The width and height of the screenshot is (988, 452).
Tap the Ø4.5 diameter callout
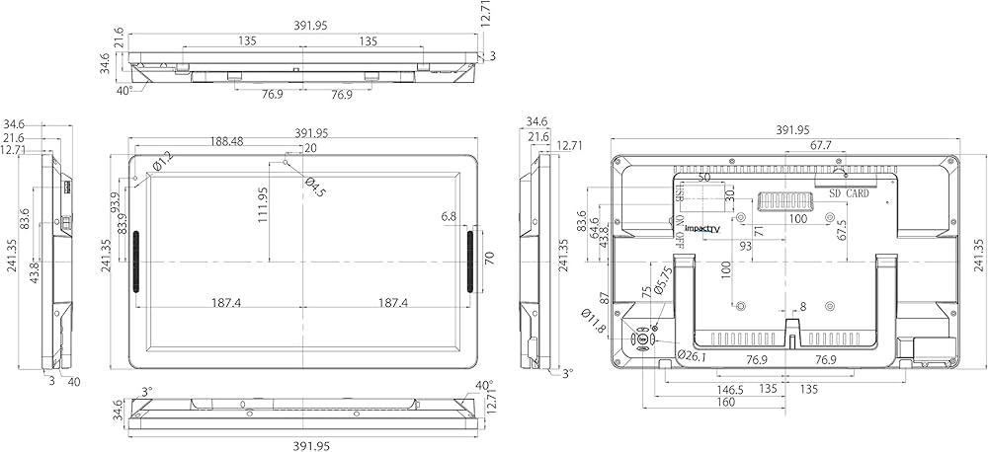(314, 187)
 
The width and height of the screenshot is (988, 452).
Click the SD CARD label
(849, 193)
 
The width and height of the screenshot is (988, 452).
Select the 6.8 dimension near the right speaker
(449, 216)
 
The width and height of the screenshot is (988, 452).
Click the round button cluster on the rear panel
(643, 339)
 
